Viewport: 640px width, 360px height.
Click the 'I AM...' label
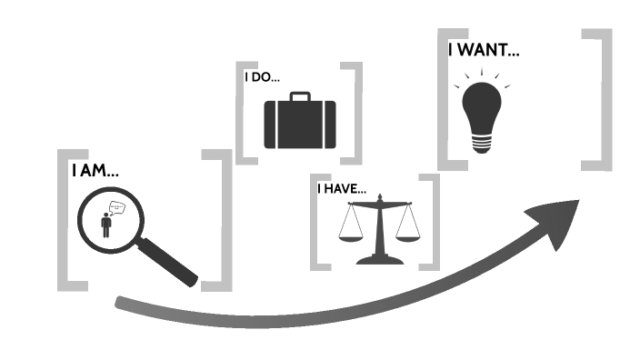95,170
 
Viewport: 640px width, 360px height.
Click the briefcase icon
299,123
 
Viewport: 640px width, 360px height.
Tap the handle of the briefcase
299,95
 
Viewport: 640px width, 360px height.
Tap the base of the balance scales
379,260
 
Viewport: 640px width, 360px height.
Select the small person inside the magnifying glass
106,225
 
